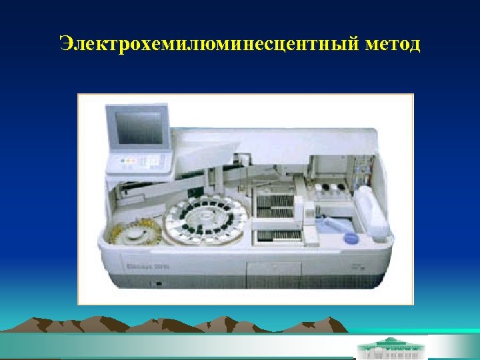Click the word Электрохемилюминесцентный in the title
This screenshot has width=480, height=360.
coord(209,45)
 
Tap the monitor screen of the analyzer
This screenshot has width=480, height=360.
coord(139,128)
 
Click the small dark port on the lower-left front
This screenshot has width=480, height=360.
coord(158,284)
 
